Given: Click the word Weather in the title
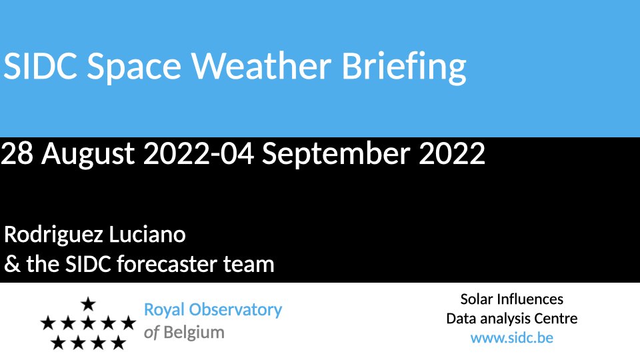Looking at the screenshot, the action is coord(261,66).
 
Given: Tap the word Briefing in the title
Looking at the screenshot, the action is coord(404,68).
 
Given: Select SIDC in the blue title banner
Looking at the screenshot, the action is coord(40,66).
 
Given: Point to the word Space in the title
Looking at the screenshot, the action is coord(134,68).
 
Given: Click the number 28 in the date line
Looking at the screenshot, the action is coord(17,153).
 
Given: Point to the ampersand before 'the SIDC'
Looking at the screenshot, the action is coord(12,264).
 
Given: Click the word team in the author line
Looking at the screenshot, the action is coord(249,265).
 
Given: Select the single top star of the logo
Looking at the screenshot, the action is coord(88,304).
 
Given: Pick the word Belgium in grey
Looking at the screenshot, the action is coord(194,333).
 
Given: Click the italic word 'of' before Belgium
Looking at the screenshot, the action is coord(151,332).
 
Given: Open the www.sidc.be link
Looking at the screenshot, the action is coord(512,338).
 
